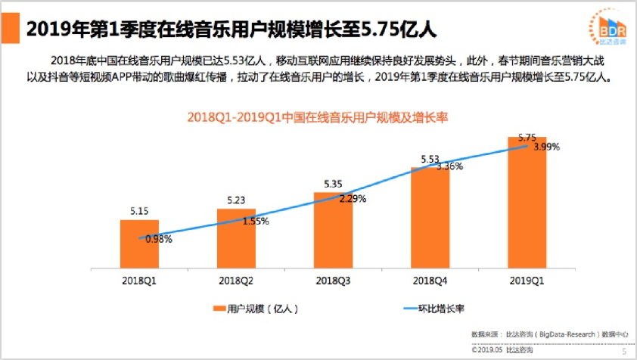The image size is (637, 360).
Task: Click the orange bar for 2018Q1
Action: coord(139,244)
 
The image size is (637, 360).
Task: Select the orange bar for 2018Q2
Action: coord(237,238)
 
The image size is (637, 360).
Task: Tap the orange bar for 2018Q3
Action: coord(334,230)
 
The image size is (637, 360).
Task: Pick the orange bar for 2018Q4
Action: coord(430,217)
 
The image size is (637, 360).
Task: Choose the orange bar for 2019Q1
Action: coord(527,204)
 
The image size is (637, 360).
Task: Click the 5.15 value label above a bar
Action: coord(139,212)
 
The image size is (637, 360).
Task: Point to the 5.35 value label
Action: coord(334,184)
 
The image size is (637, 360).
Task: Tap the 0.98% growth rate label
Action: coord(159,239)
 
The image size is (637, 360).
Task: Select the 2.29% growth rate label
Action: coord(353,200)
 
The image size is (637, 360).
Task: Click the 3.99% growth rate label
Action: coord(546,147)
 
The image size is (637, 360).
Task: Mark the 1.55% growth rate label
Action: coord(256,222)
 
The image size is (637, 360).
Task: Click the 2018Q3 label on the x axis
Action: coord(334,281)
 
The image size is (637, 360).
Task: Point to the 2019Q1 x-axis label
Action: coord(527,281)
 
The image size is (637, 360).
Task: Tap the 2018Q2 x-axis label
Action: coord(237,281)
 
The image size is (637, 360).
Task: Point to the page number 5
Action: coord(623,350)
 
